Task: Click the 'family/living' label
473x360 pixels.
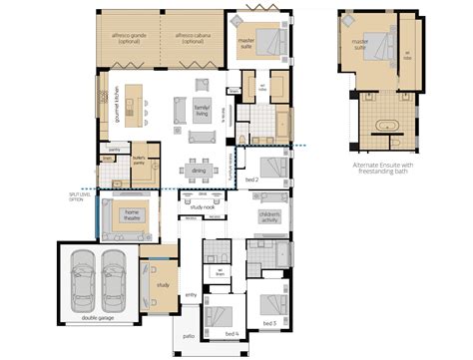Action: pyautogui.click(x=203, y=109)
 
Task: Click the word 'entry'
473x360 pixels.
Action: pyautogui.click(x=191, y=295)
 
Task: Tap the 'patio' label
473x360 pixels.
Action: pyautogui.click(x=188, y=337)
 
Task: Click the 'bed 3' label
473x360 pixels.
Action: pyautogui.click(x=267, y=325)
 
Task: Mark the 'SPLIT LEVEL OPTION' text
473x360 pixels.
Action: pyautogui.click(x=76, y=196)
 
